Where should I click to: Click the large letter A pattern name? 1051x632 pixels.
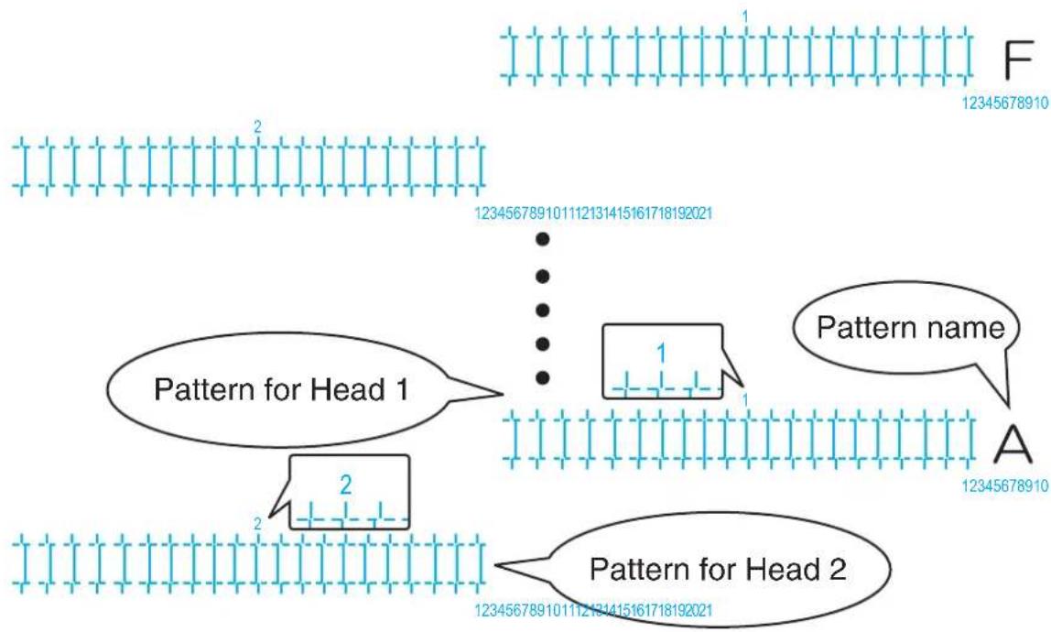click(x=1013, y=444)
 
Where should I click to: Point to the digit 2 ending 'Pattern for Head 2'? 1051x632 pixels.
click(x=837, y=569)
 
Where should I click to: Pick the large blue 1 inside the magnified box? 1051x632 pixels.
click(x=662, y=354)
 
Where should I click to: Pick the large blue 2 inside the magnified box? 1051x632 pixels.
click(x=346, y=485)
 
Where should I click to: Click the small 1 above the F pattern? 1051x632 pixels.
click(x=745, y=16)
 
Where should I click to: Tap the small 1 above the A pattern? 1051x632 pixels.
click(x=745, y=400)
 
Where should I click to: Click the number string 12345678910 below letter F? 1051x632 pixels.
click(x=1005, y=104)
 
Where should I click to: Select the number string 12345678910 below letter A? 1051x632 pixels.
click(x=1005, y=485)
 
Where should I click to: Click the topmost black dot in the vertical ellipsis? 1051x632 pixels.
click(x=543, y=239)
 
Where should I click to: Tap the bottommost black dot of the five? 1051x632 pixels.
click(x=543, y=377)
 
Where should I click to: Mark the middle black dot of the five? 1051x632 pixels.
click(x=543, y=310)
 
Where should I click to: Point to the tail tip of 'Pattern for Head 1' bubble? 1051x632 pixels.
click(x=503, y=393)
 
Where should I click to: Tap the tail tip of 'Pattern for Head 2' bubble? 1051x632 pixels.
click(x=494, y=565)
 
